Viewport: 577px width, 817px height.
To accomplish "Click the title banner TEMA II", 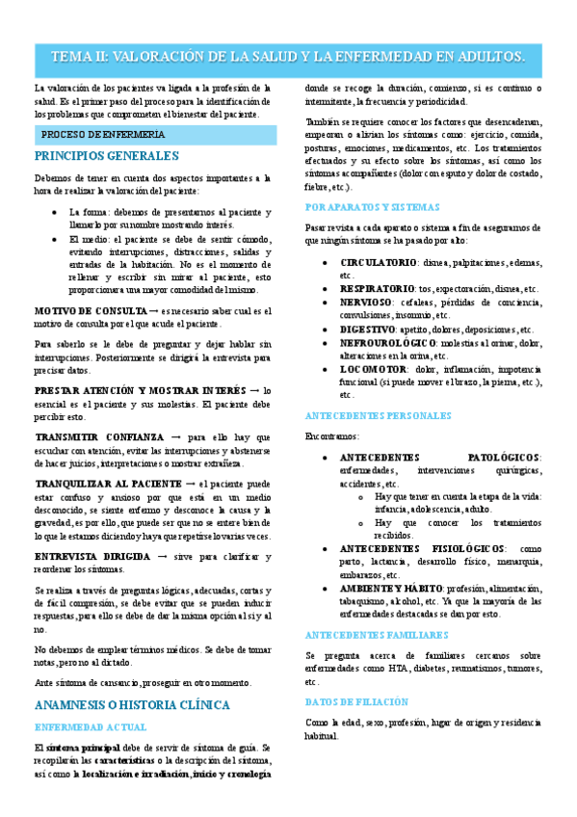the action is tap(288, 57).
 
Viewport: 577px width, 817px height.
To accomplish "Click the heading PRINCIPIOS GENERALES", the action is tap(106, 155).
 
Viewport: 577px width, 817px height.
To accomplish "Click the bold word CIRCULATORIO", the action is tap(379, 262).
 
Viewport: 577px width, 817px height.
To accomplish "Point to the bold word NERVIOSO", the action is tap(366, 302).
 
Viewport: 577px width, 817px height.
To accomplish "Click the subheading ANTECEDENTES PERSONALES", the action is tap(377, 415).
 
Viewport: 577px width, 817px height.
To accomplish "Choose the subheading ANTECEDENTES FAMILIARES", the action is tap(376, 635).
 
